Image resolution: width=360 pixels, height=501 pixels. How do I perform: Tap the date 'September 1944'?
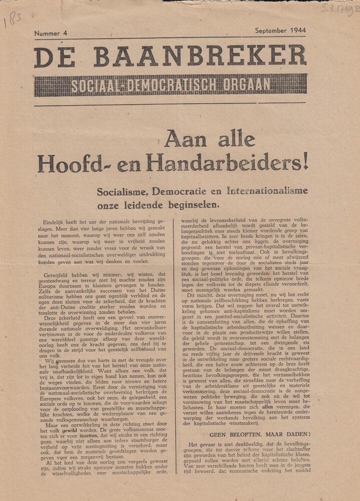click(280, 31)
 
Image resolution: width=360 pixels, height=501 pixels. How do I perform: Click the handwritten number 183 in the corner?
click(13, 20)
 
